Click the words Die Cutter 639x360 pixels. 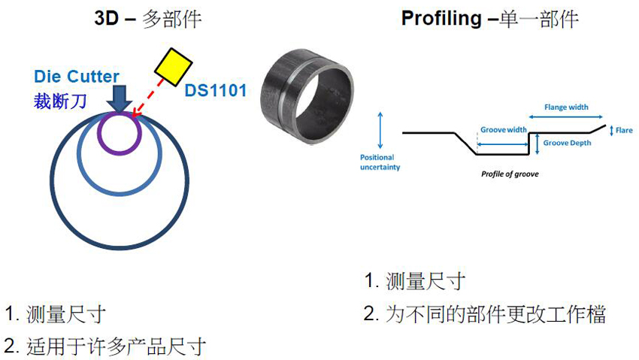click(x=77, y=77)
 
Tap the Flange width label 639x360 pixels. click(x=566, y=107)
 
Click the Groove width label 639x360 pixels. click(x=504, y=129)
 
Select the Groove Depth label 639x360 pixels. click(x=567, y=143)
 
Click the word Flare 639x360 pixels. click(x=624, y=130)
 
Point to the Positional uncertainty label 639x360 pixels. click(x=380, y=162)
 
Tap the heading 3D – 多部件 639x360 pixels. click(x=147, y=19)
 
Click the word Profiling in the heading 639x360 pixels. click(x=440, y=19)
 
